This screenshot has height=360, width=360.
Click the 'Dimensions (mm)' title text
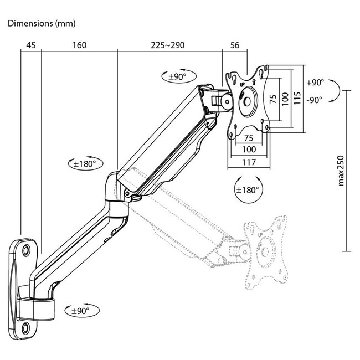coord(42,24)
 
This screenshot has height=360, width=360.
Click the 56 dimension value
coord(235,45)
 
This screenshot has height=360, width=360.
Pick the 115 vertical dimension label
coord(297,99)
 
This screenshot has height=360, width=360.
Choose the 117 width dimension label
coord(248,163)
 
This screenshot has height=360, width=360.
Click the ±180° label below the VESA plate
coord(248,189)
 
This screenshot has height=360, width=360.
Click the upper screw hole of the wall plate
coord(26,251)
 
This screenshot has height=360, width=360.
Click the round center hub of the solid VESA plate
coord(247,102)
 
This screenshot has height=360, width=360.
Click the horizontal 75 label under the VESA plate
coord(249,137)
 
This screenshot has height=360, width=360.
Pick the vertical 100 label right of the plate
coord(285,99)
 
